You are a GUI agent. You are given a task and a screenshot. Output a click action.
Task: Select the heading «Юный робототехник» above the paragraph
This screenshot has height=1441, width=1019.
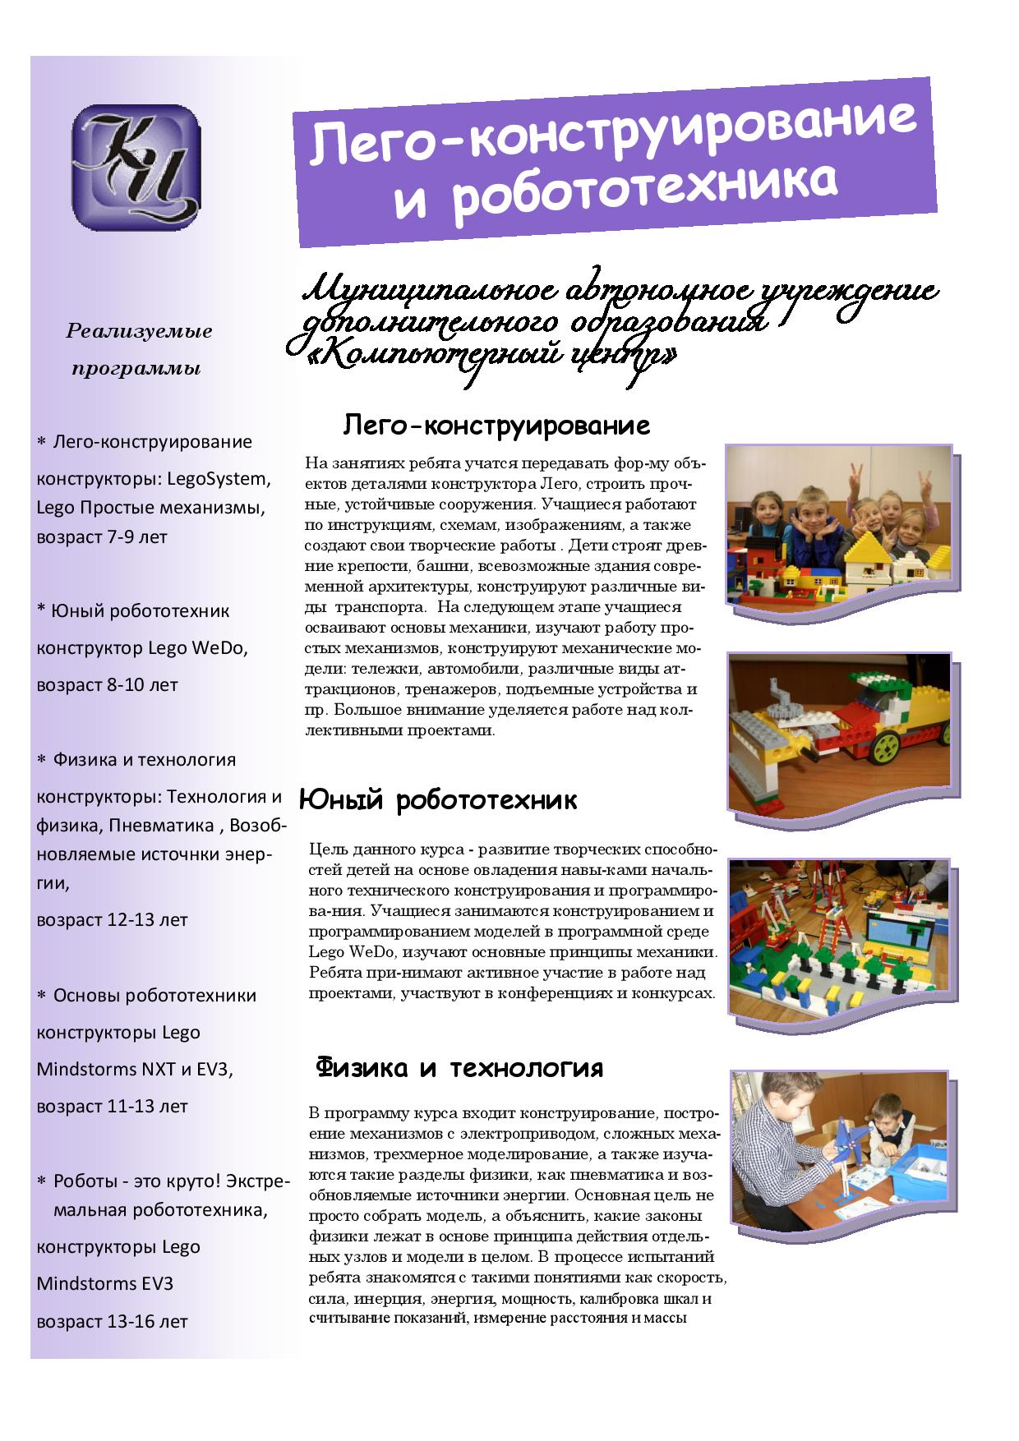(437, 800)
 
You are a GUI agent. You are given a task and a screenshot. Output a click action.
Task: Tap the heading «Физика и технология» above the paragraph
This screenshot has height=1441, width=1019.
(459, 1068)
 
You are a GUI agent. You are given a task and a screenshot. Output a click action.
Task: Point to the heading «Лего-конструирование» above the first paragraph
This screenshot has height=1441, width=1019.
(496, 426)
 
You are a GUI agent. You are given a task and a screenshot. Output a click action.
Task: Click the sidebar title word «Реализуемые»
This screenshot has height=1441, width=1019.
(139, 332)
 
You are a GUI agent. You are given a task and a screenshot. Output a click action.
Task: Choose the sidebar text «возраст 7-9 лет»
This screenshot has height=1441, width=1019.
(102, 537)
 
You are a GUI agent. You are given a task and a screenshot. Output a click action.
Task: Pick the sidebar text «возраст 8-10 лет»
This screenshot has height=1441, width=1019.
(107, 684)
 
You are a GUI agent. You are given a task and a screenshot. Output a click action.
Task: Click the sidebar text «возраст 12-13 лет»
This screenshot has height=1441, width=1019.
(112, 919)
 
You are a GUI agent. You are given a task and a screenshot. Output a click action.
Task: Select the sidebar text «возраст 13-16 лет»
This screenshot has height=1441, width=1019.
(112, 1322)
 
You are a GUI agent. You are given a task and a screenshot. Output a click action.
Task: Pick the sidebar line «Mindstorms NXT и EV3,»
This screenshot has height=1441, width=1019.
(135, 1070)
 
